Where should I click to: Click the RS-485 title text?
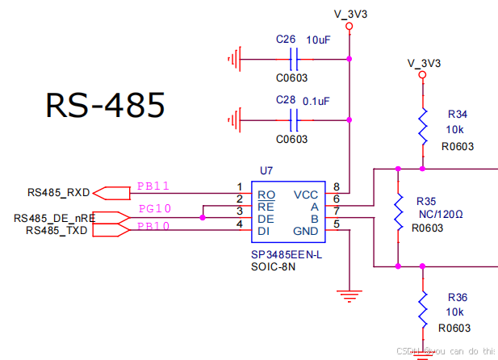tap(105, 106)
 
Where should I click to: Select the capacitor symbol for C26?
tap(295, 59)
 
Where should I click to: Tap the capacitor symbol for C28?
tap(295, 120)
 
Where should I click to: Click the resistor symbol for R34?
tap(421, 127)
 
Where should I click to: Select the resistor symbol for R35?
tap(398, 212)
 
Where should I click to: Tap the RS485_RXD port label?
tap(58, 193)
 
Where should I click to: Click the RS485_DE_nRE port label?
tap(52, 218)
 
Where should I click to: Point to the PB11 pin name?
tap(153, 186)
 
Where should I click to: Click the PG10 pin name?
tap(153, 209)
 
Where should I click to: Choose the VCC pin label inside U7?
tap(306, 195)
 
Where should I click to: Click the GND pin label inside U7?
tap(306, 231)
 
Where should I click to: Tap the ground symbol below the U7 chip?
tap(349, 295)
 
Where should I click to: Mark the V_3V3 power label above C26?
tap(349, 14)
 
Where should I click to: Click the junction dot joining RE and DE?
tap(203, 218)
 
